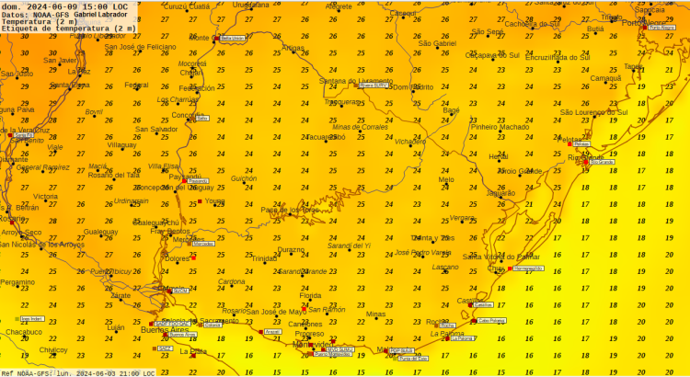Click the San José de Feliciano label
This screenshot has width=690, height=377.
point(140,47)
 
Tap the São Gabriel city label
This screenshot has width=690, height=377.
point(437,43)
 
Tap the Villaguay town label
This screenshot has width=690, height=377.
point(121,145)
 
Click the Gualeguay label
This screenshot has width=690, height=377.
point(101,232)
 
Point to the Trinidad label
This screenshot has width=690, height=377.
point(264,258)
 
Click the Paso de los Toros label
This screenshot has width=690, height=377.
point(290,210)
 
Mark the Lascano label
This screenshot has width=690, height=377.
point(445,267)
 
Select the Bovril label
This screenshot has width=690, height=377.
point(94,112)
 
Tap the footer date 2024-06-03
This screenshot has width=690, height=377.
point(88,372)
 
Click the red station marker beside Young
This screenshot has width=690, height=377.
point(200,200)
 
